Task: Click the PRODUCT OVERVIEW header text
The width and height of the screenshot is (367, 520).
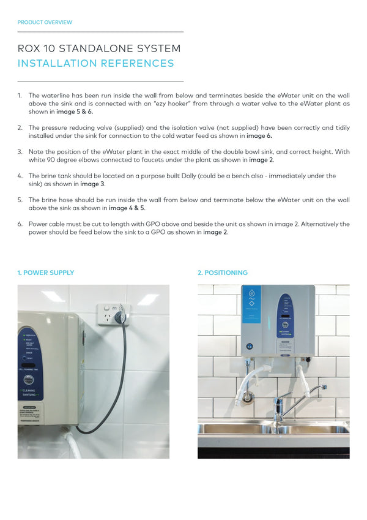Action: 45,22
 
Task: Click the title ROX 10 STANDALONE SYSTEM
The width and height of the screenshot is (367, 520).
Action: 99,48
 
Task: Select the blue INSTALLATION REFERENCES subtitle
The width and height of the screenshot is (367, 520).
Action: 95,63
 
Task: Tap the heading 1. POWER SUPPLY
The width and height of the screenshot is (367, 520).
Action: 46,273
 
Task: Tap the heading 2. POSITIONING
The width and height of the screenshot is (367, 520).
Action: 222,273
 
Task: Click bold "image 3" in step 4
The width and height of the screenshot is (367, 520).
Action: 92,184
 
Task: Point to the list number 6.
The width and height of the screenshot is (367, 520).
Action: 20,224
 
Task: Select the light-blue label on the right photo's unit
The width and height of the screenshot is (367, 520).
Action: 251,304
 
